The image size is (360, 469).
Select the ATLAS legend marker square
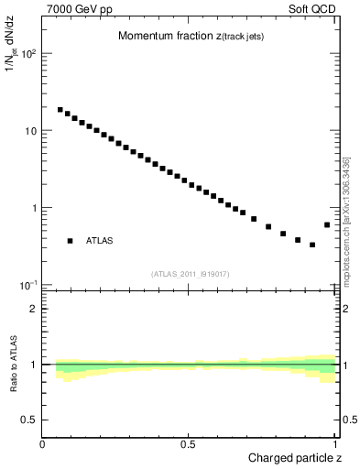pos(70,241)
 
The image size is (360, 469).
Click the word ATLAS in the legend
pos(101,241)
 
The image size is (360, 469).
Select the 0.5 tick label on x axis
pos(189,444)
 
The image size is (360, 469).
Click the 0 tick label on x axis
pos(43,444)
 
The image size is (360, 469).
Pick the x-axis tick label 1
pos(335,444)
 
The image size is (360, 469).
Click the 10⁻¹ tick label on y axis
pos(28,285)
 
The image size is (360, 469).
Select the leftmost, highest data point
pos(60,110)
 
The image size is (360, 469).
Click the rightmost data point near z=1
pos(327,224)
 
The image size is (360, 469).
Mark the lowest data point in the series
pos(312,245)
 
